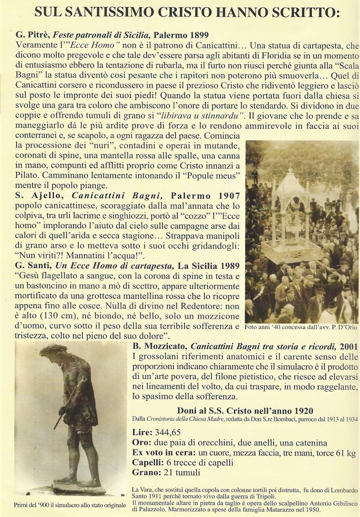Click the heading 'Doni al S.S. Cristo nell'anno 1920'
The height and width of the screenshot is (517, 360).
tap(245, 410)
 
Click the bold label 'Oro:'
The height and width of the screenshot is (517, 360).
tap(141, 442)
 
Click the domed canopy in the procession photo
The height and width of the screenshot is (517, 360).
tap(289, 185)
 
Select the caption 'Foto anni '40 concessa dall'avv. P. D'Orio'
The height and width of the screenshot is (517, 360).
tap(301, 327)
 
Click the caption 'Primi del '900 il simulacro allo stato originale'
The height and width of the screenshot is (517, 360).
tap(70, 505)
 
